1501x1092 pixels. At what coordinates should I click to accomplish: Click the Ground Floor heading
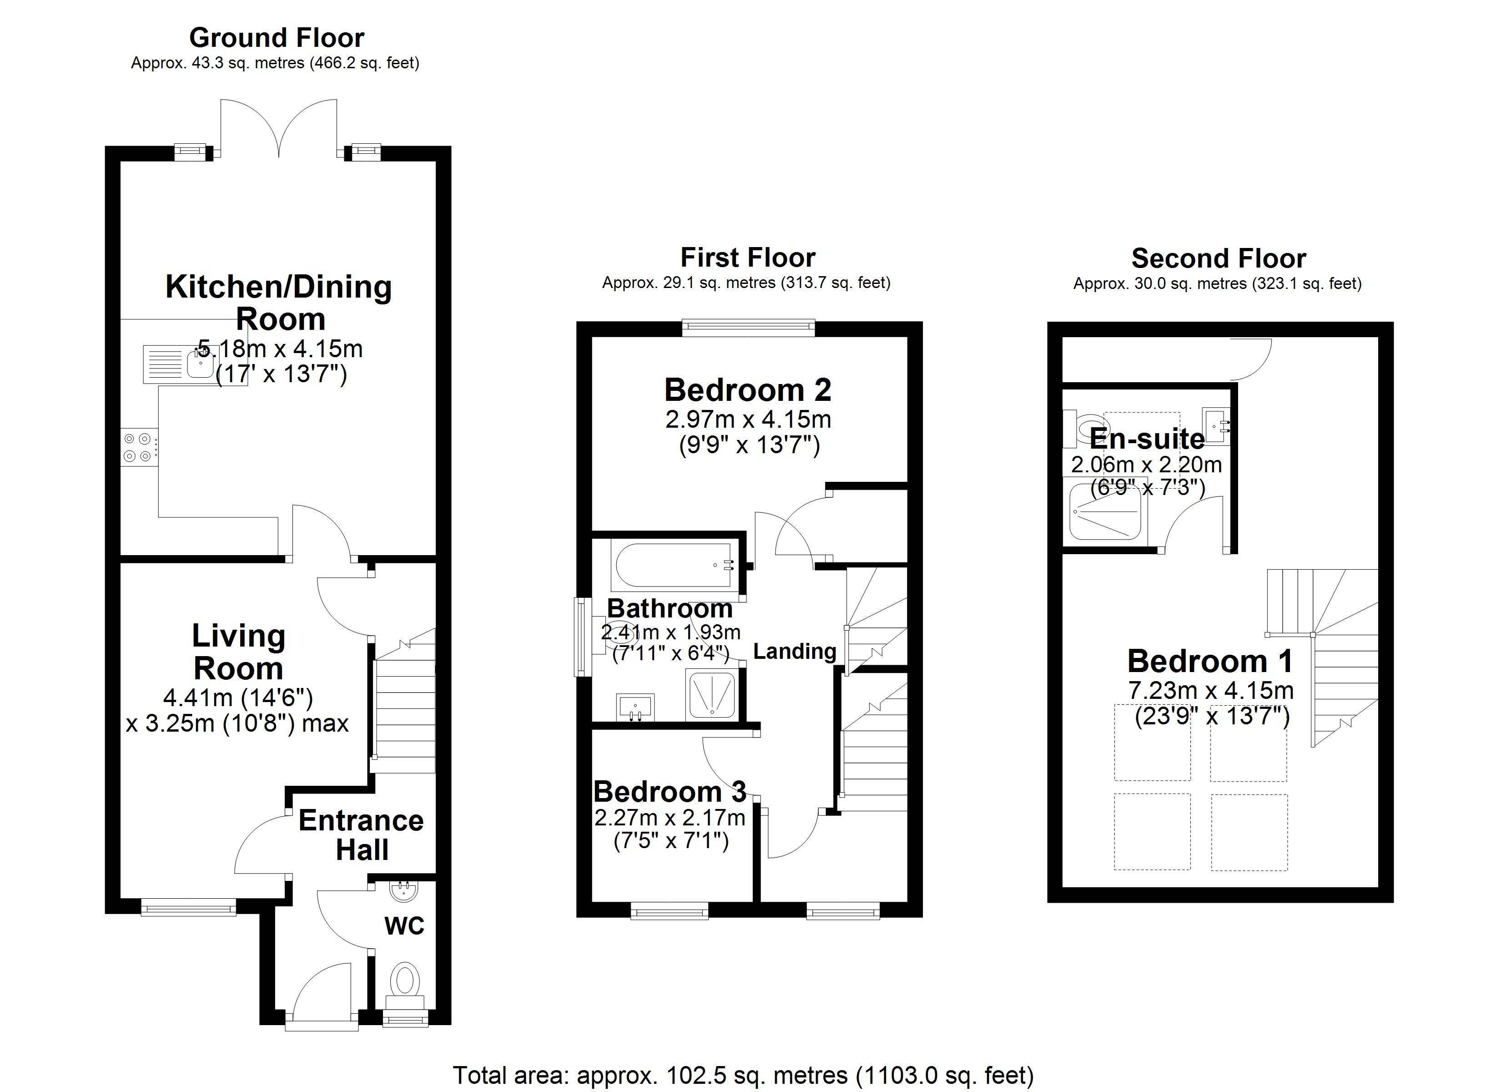coord(277,38)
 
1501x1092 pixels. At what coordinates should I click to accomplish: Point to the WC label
coord(404,926)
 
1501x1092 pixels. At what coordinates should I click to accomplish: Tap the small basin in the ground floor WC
coord(403,892)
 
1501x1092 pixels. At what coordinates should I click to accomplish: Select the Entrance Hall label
coord(361,835)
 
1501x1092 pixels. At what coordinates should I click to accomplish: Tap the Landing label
coord(794,652)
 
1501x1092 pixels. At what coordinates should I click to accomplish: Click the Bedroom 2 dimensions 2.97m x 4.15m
coord(748,419)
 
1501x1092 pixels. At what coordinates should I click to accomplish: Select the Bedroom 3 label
coord(670,792)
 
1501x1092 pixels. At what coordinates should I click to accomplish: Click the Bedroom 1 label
coord(1210,662)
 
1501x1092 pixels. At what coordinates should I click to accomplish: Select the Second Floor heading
coord(1219,258)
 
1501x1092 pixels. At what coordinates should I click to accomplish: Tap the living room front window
coord(189,907)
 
